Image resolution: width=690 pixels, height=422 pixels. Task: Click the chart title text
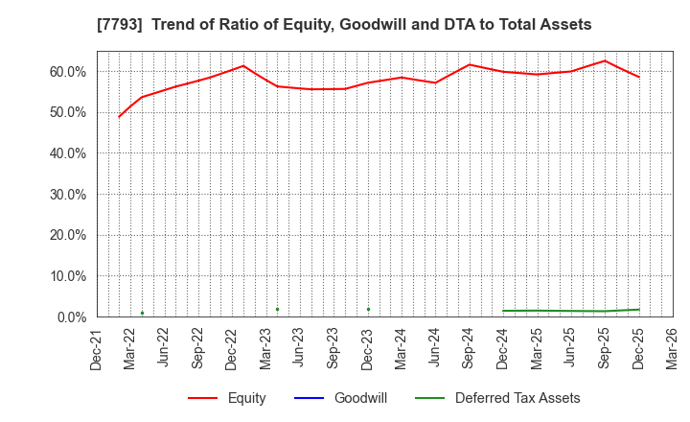(x=345, y=25)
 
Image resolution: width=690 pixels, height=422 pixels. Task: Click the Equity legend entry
(x=246, y=398)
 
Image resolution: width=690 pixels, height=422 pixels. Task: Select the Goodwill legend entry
(x=360, y=398)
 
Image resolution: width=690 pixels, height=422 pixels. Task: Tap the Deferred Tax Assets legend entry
(x=517, y=398)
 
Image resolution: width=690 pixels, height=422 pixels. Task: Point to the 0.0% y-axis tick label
(x=70, y=316)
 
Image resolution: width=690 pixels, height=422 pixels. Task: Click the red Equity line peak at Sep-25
(x=605, y=60)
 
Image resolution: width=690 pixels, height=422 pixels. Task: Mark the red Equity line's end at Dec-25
(x=639, y=77)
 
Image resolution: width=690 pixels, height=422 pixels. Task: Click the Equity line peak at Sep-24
(x=469, y=64)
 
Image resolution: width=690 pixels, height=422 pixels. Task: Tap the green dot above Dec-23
(x=368, y=309)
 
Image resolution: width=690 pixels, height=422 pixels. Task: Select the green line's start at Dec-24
(x=503, y=311)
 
